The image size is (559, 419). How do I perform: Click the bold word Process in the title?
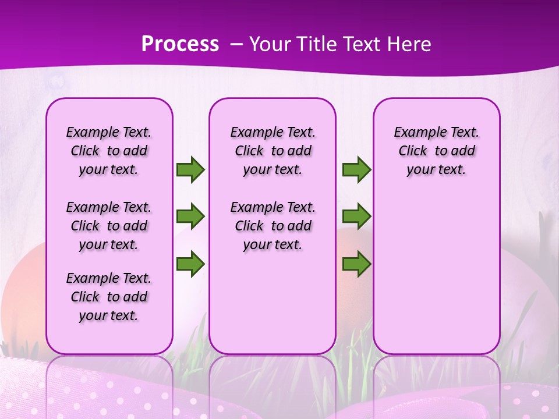click(x=180, y=44)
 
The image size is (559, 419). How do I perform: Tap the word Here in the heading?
click(x=410, y=44)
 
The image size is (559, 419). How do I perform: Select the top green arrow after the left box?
click(x=190, y=169)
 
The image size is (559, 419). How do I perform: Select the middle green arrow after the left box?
click(x=190, y=216)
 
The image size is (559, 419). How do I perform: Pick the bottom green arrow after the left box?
click(x=190, y=264)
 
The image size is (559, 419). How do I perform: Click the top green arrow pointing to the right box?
click(x=356, y=169)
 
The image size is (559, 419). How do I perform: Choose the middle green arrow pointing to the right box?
click(x=356, y=216)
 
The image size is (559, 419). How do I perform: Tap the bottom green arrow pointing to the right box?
click(x=356, y=264)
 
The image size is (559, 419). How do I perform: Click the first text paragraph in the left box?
click(x=109, y=151)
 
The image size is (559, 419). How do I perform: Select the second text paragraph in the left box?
click(x=109, y=226)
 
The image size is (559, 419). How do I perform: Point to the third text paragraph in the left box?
click(x=109, y=297)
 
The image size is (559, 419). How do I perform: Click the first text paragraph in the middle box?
click(x=273, y=151)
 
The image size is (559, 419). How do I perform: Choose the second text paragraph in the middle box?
click(x=273, y=226)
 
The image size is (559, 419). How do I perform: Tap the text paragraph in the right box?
click(x=436, y=151)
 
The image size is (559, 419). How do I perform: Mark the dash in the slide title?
click(x=236, y=44)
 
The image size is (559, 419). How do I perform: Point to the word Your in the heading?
click(x=270, y=44)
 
